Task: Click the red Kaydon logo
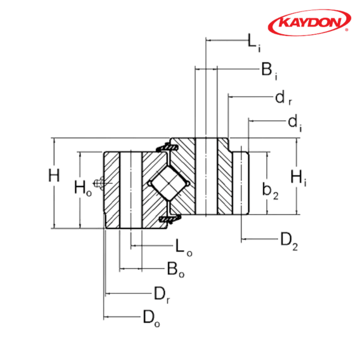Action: (x=309, y=22)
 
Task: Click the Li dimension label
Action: (x=254, y=43)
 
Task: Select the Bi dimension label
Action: (x=269, y=71)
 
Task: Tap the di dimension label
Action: (x=295, y=122)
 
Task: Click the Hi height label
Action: (x=298, y=178)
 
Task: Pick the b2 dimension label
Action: (x=271, y=191)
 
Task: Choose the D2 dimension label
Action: (x=289, y=241)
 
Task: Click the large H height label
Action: (x=54, y=175)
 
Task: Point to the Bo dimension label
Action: (x=176, y=269)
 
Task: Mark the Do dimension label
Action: (x=151, y=319)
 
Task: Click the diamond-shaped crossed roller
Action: (x=169, y=184)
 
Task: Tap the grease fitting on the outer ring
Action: (x=98, y=183)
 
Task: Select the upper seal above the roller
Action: (x=167, y=148)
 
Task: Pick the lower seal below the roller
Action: (x=170, y=219)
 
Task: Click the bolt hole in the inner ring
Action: (x=206, y=176)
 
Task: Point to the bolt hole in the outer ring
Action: (x=131, y=190)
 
